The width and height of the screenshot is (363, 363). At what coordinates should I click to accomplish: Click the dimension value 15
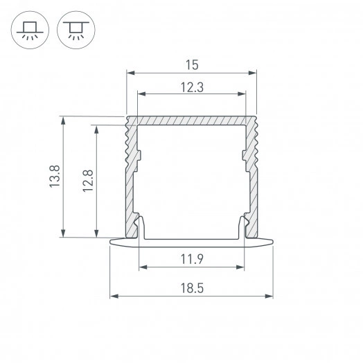pyautogui.click(x=192, y=65)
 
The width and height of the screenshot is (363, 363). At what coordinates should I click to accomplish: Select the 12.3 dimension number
pyautogui.click(x=192, y=87)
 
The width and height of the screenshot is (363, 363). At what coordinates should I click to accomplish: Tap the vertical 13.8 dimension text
pyautogui.click(x=55, y=177)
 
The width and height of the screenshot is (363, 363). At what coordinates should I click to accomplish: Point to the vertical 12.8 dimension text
pyautogui.click(x=88, y=181)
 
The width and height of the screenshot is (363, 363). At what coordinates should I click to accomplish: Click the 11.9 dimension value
pyautogui.click(x=192, y=259)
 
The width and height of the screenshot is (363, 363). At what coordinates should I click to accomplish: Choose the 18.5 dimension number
pyautogui.click(x=192, y=288)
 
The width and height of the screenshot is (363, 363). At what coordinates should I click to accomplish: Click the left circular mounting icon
pyautogui.click(x=30, y=30)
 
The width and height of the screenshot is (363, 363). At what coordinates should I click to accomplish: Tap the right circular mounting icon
pyautogui.click(x=76, y=30)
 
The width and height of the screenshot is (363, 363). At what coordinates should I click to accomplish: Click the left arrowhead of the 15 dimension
pyautogui.click(x=130, y=73)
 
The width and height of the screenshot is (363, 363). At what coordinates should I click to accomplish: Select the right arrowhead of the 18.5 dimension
pyautogui.click(x=269, y=296)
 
